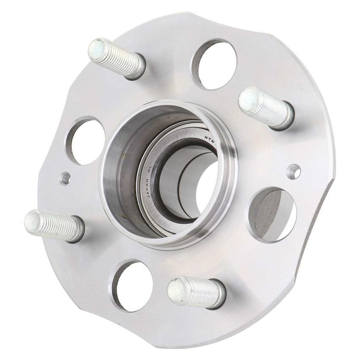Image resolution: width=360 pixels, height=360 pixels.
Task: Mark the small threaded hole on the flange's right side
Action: tap(294, 171)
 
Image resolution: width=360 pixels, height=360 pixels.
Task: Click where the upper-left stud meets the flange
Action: tap(138, 68)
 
